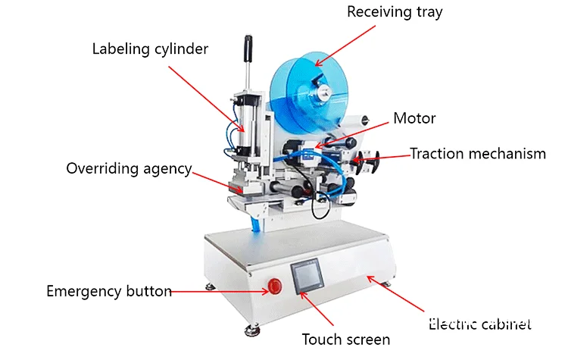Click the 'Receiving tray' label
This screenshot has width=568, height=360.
[x=405, y=12]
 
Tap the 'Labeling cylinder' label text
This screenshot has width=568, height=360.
[x=150, y=49]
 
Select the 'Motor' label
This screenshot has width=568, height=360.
[x=414, y=118]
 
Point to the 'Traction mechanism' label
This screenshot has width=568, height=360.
[x=477, y=154]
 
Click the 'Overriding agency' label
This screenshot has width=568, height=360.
[x=129, y=168]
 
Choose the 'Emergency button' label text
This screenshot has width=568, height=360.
[x=109, y=291]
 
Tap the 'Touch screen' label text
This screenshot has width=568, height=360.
[x=346, y=339]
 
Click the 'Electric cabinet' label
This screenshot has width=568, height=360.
[x=479, y=324]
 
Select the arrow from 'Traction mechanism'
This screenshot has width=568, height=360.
[x=387, y=157]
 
